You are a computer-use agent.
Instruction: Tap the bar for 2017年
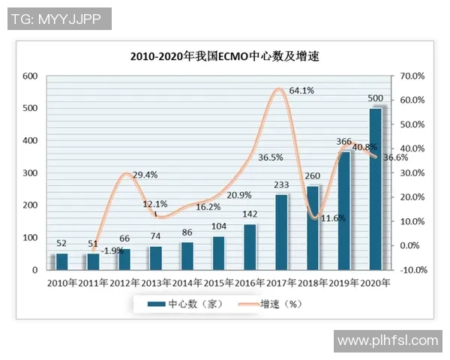click(x=281, y=232)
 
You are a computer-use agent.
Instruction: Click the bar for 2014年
click(x=187, y=256)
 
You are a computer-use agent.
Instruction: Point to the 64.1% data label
click(x=302, y=91)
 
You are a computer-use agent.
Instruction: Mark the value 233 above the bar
click(x=281, y=185)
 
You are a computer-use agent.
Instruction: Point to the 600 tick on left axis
click(x=31, y=76)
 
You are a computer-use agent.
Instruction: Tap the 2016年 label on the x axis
click(x=250, y=283)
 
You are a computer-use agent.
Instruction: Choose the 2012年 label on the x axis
click(x=124, y=283)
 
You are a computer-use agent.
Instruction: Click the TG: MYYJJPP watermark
click(x=58, y=18)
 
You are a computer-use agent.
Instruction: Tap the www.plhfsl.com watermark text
click(x=388, y=341)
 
